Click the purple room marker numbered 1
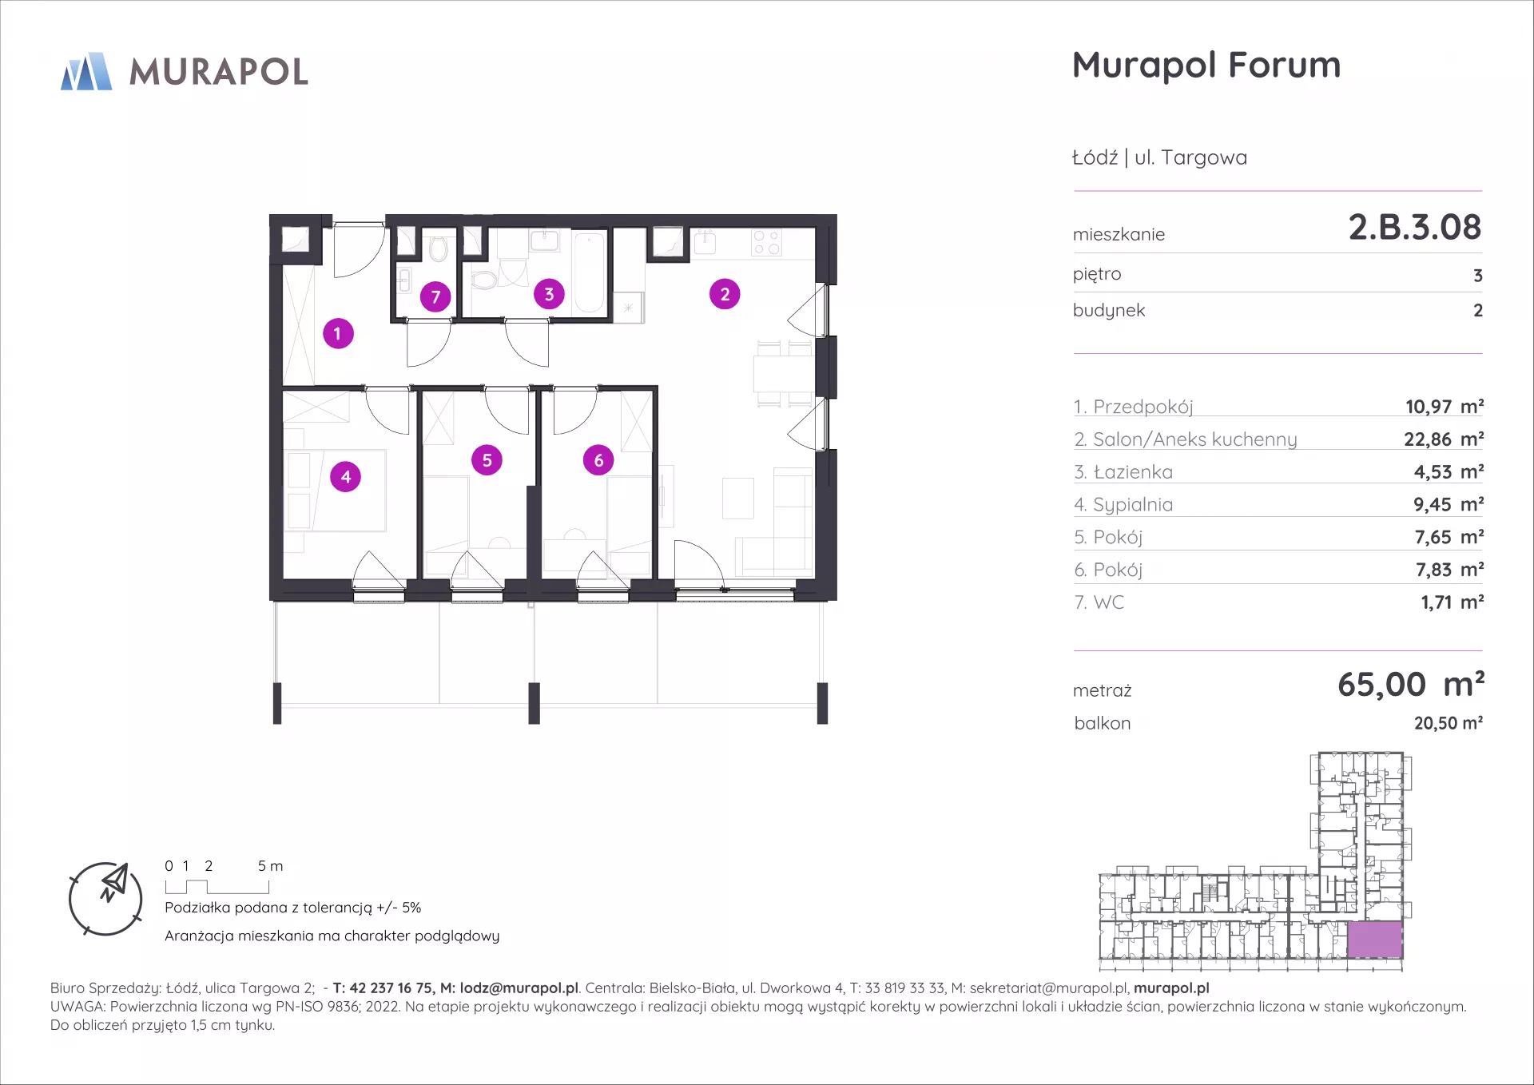coord(338,333)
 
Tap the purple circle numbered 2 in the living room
coord(725,294)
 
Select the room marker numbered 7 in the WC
coord(435,297)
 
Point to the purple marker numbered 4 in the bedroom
coord(346,477)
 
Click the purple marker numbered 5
coord(487,460)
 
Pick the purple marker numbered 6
coord(598,460)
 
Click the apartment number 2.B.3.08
coord(1415,227)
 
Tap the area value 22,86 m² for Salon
coord(1444,439)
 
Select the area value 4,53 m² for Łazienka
coord(1449,471)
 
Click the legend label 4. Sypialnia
coord(1123,505)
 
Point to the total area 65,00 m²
coord(1411,684)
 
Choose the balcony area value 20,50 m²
coord(1449,723)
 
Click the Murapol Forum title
coord(1206,65)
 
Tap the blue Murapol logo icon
coord(86,71)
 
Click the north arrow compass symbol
coord(105,899)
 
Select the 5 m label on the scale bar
coord(270,866)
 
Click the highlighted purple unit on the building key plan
coord(1375,940)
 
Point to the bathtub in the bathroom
coord(590,272)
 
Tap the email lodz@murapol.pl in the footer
coord(519,988)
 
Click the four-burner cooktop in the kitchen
coord(767,243)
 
